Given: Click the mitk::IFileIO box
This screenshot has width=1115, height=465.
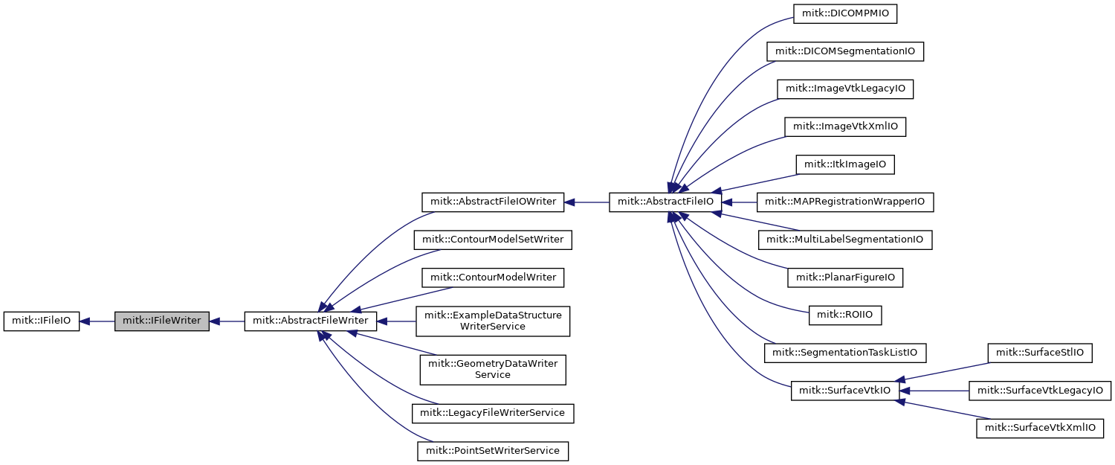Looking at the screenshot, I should pyautogui.click(x=41, y=321).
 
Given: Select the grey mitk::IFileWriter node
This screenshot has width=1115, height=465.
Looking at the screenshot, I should pyautogui.click(x=162, y=321).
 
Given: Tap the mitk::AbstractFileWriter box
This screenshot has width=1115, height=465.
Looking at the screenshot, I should pyautogui.click(x=311, y=321).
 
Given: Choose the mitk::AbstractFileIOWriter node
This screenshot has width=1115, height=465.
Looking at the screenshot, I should pyautogui.click(x=493, y=202).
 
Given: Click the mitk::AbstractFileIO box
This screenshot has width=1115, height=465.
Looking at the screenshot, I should pyautogui.click(x=666, y=202).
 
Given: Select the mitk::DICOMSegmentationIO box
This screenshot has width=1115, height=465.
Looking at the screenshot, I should pyautogui.click(x=845, y=51).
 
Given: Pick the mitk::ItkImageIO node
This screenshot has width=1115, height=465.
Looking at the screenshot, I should pyautogui.click(x=845, y=164).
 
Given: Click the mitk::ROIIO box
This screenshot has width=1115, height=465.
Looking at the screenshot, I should pyautogui.click(x=845, y=315).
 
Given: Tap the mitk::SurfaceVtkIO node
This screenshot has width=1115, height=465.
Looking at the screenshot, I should pyautogui.click(x=845, y=391).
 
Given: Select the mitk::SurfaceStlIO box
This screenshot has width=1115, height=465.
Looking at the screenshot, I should pyautogui.click(x=1039, y=353).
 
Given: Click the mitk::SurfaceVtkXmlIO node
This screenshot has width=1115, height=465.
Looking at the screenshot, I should pyautogui.click(x=1039, y=428).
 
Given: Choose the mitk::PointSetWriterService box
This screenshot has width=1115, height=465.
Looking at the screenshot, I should pyautogui.click(x=493, y=450).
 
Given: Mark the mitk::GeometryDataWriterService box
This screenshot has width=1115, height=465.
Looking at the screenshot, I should pyautogui.click(x=493, y=369).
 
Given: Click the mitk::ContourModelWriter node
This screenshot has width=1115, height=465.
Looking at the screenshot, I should pyautogui.click(x=493, y=278).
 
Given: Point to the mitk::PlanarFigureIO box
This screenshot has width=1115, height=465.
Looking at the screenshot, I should pyautogui.click(x=845, y=278).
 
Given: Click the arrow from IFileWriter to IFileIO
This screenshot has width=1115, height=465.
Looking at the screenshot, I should pyautogui.click(x=97, y=321).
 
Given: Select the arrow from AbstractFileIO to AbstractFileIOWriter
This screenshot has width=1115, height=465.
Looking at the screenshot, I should pyautogui.click(x=586, y=202).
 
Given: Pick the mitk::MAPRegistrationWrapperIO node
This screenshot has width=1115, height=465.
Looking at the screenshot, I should pyautogui.click(x=845, y=202).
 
